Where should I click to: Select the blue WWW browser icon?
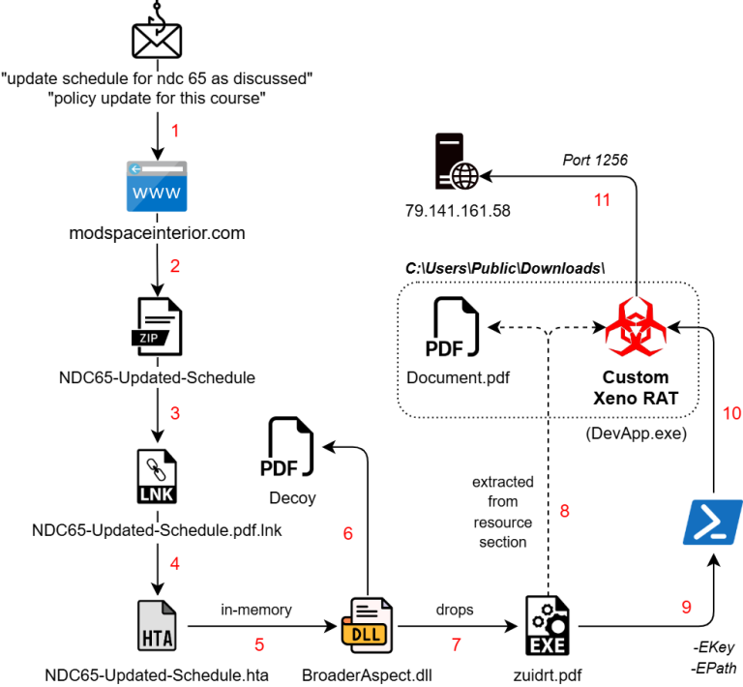coord(157,187)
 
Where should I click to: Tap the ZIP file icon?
coord(157,328)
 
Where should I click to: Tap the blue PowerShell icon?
coord(713,523)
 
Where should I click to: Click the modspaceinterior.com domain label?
coord(157,233)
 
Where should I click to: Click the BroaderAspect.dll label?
coord(367,672)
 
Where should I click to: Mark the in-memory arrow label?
coord(255,610)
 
